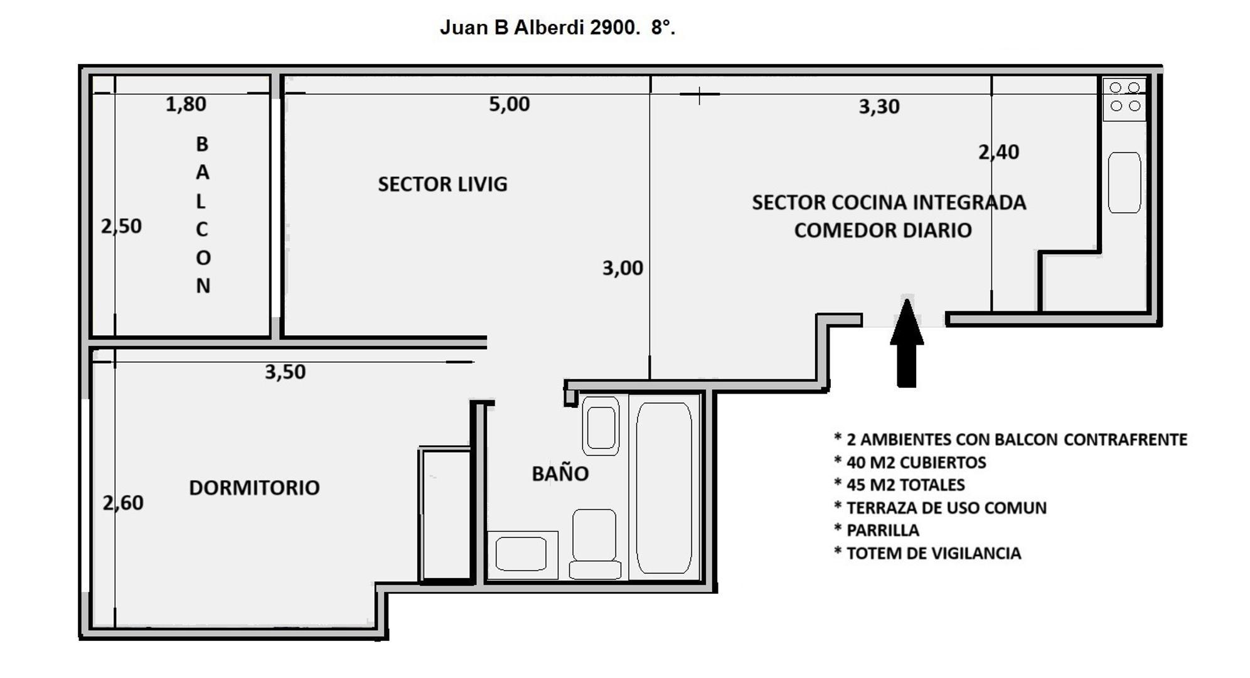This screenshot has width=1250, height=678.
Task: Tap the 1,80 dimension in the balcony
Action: (186, 104)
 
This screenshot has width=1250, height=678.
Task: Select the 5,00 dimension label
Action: (509, 104)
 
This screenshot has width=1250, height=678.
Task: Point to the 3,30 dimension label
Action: (879, 107)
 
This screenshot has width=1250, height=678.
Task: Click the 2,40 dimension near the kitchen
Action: (998, 152)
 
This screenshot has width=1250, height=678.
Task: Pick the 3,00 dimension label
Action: (622, 268)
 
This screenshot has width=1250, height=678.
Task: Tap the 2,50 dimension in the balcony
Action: (121, 226)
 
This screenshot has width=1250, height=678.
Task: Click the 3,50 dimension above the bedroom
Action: (285, 372)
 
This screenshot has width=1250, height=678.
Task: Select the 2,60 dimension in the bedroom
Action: (123, 503)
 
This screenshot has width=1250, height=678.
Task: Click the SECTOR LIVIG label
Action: (442, 185)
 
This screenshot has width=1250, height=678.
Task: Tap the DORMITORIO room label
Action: (254, 488)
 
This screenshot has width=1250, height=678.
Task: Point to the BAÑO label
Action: (560, 474)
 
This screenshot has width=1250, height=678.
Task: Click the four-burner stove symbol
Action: (1124, 97)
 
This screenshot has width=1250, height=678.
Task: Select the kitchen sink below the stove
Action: (1124, 182)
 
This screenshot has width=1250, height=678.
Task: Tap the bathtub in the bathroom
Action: (664, 487)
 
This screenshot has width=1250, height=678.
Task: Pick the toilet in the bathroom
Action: (594, 543)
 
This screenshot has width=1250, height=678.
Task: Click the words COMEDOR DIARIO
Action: (882, 230)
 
